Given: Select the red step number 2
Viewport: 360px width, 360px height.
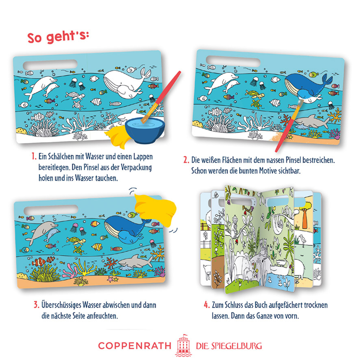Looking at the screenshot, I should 186,160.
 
